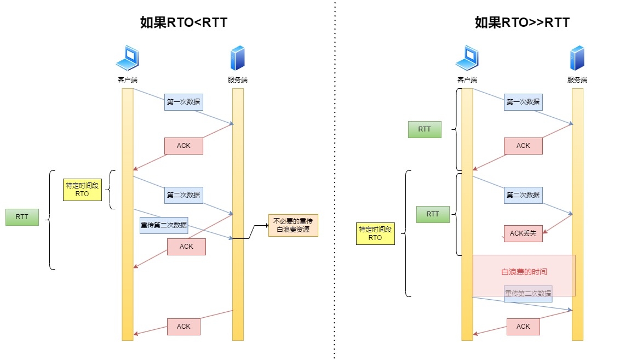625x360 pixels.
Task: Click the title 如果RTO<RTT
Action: [x=184, y=22]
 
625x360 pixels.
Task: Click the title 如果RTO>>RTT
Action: [x=521, y=22]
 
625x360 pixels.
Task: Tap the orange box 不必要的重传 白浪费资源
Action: [x=293, y=225]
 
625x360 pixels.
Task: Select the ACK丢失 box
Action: [x=523, y=233]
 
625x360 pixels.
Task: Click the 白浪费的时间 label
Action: [x=524, y=272]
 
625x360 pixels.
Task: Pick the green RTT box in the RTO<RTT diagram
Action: [x=22, y=217]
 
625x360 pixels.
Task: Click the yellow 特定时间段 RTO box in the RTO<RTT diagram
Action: [x=82, y=190]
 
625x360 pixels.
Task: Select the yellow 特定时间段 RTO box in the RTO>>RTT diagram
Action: [x=375, y=233]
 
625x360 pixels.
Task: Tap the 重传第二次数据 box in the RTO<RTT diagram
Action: [x=164, y=225]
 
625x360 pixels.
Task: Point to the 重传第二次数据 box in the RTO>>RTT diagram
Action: [x=528, y=294]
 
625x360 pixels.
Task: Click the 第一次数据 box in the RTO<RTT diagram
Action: [x=184, y=102]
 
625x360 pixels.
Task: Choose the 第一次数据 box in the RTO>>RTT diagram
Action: [x=523, y=102]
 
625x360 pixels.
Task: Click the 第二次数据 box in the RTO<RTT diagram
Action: [x=184, y=195]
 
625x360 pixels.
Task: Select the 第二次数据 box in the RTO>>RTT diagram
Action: [x=523, y=195]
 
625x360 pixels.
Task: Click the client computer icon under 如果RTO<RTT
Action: [x=128, y=58]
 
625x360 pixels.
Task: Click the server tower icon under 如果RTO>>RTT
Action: [x=577, y=58]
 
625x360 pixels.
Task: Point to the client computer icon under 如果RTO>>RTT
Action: [x=467, y=58]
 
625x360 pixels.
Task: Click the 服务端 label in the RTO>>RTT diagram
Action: [x=577, y=80]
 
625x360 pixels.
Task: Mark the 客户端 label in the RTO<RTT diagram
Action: [x=128, y=80]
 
